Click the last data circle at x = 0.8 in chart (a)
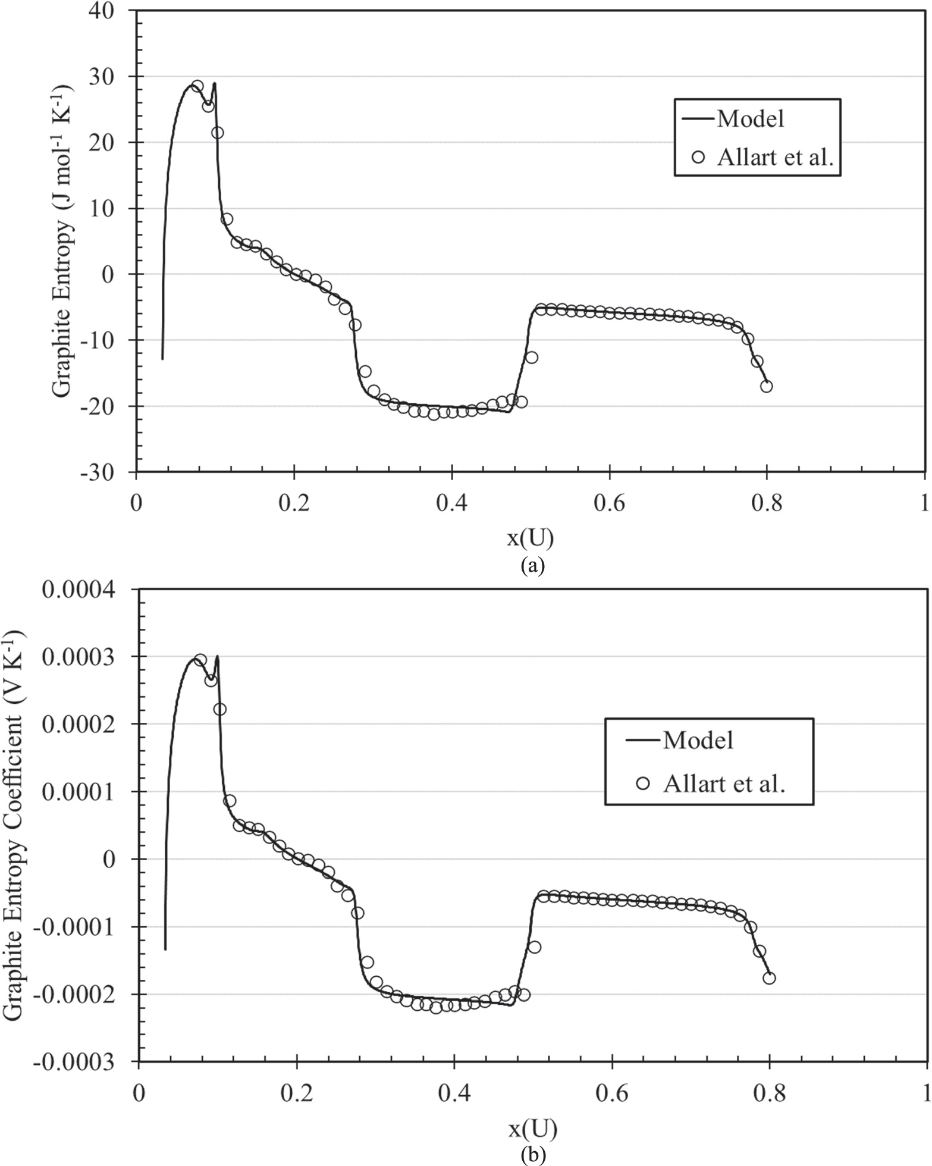click(767, 386)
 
